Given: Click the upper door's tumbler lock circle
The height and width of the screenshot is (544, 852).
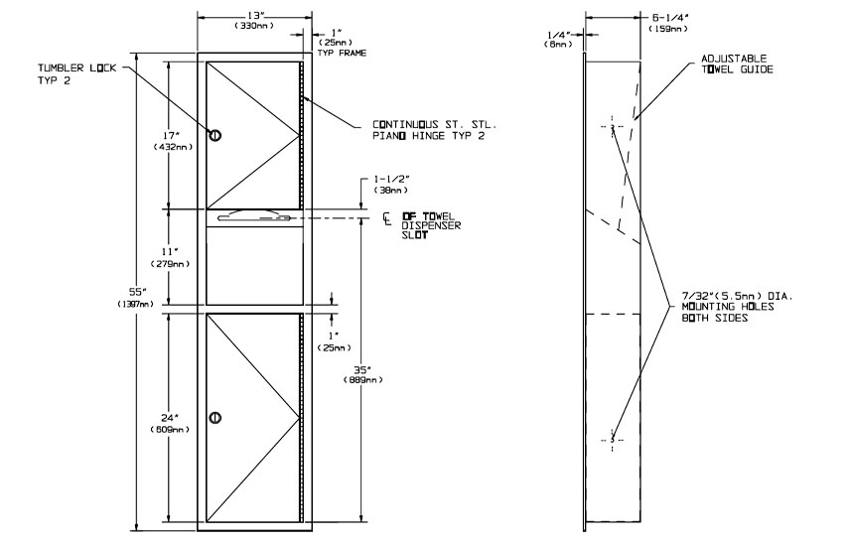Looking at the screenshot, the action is click(215, 135).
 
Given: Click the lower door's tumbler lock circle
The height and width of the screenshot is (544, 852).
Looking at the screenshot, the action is click(215, 417).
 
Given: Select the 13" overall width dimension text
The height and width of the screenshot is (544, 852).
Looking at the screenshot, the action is click(254, 16).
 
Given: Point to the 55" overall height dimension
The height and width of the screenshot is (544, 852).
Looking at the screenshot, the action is click(136, 291).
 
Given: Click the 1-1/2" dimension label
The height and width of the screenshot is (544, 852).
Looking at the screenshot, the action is click(391, 179).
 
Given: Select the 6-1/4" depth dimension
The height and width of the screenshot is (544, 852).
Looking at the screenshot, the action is click(669, 18).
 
